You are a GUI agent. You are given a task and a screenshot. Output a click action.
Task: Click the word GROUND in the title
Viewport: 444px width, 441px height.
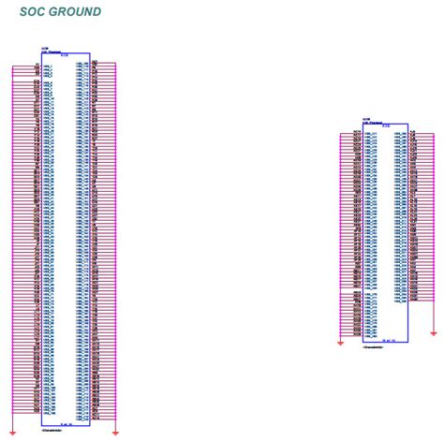tap(76, 12)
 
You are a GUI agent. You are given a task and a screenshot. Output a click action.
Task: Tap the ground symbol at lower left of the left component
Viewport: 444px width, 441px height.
tap(9, 432)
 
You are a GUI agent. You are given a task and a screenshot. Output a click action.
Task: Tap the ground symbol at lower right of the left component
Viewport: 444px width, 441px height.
tap(115, 432)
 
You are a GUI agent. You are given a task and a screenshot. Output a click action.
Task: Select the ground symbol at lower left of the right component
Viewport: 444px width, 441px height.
tap(340, 342)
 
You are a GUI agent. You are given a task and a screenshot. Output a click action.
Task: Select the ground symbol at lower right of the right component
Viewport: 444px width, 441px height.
tap(435, 332)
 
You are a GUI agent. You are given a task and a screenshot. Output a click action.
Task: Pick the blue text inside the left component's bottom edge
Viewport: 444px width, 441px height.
tap(67, 423)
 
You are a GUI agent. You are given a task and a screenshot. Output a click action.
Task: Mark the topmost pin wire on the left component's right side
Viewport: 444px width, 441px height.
tap(103, 64)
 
